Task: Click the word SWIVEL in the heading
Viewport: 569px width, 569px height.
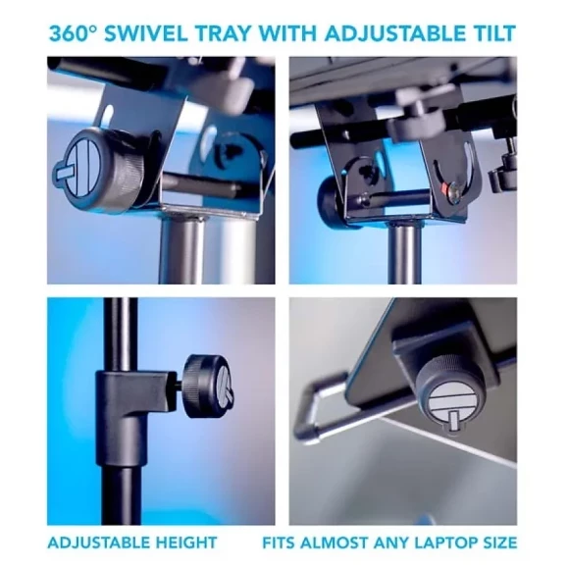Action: [x=146, y=33]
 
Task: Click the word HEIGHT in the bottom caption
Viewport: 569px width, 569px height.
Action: [x=186, y=543]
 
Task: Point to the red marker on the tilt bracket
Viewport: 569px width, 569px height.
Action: [x=441, y=189]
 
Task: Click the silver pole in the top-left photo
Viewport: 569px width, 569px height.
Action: [x=182, y=250]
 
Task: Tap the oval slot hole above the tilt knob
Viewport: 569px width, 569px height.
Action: [x=106, y=115]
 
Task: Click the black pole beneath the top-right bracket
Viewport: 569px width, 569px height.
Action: [x=405, y=254]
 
